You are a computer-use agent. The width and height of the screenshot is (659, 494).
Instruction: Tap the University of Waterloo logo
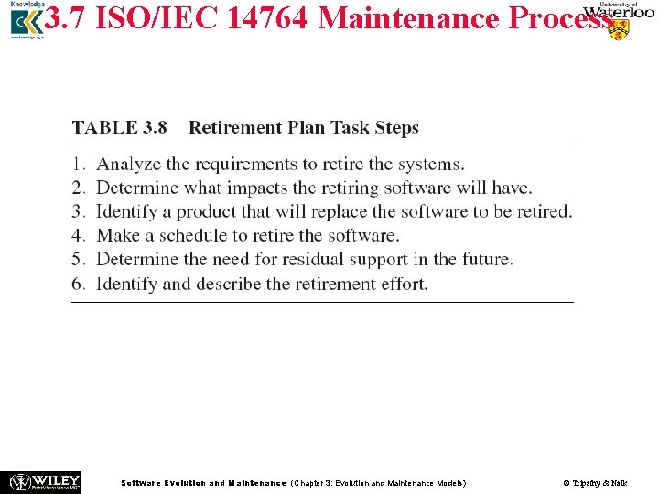pos(619,20)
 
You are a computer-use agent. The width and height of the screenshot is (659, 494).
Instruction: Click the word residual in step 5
pos(311,260)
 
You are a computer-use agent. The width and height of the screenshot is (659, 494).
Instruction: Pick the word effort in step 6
pos(404,284)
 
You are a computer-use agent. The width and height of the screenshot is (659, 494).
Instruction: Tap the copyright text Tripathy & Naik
pos(595,482)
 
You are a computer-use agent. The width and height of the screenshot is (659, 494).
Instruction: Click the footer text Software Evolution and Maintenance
pos(203,482)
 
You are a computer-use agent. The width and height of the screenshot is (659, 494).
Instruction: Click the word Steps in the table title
pos(396,128)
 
